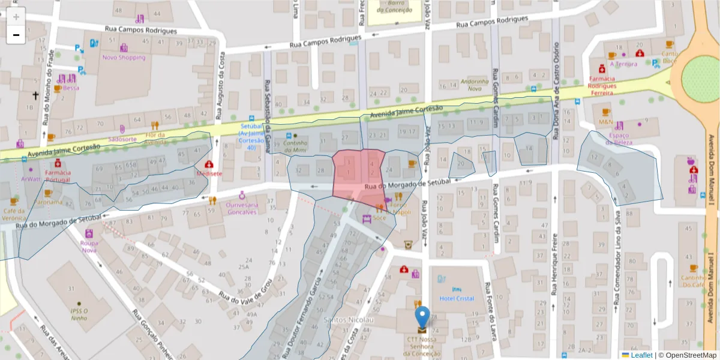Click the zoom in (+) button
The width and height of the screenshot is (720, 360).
point(16,16)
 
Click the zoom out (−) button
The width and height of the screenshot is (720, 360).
point(16,35)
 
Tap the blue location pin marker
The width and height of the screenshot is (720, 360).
point(422,317)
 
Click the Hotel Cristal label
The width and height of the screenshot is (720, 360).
point(457,298)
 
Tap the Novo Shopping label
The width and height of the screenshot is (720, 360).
point(124,58)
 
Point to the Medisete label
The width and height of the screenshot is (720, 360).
point(209,173)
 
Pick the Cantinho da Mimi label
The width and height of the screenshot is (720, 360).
point(295,146)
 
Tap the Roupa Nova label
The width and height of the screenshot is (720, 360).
point(89,247)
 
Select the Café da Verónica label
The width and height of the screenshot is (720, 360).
point(14,214)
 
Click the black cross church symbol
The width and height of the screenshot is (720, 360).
point(35,95)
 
